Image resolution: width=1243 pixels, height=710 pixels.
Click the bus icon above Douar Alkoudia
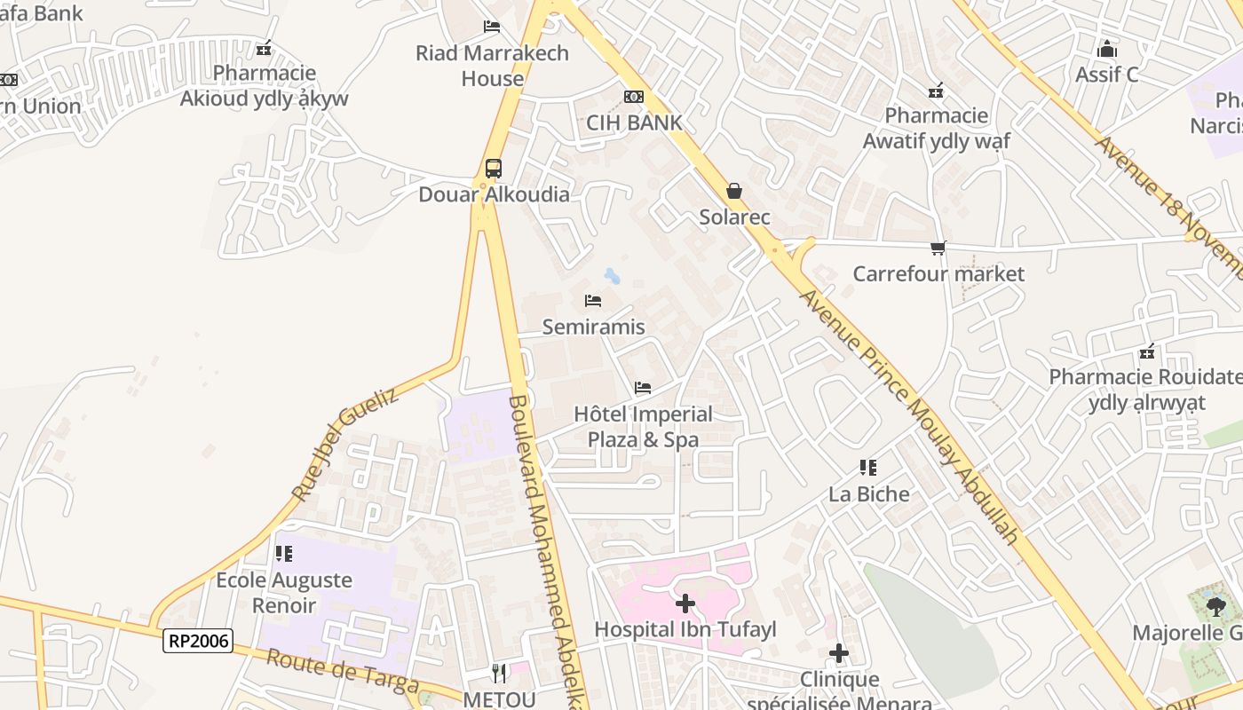(x=494, y=168)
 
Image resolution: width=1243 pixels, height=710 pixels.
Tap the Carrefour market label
(x=938, y=273)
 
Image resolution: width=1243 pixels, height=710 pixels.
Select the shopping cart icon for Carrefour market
(x=938, y=248)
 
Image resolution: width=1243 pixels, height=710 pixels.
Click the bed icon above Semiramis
(x=593, y=301)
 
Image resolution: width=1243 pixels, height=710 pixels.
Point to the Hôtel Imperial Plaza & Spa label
(x=643, y=427)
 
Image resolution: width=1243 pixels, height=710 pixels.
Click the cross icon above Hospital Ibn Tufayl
(x=685, y=603)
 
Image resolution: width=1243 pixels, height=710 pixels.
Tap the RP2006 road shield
(x=197, y=640)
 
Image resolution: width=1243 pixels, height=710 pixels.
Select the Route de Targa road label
(x=342, y=670)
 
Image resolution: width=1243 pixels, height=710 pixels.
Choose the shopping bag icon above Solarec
(x=734, y=191)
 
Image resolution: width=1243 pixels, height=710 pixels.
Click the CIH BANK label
(x=634, y=122)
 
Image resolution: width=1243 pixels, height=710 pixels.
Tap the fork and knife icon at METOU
(x=499, y=674)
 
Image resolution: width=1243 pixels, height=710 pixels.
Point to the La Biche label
(x=869, y=493)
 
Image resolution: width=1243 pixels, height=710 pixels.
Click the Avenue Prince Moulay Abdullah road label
(x=910, y=417)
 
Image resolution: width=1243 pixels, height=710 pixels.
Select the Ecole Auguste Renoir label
(x=284, y=592)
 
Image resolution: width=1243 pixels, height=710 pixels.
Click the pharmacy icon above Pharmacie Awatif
(x=935, y=90)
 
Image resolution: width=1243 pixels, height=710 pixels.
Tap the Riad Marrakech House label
(x=492, y=65)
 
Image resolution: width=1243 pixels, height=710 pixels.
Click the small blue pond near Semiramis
(x=612, y=275)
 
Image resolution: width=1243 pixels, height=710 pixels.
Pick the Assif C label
(x=1106, y=75)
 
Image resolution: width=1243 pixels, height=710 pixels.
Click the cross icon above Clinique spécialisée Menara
(x=838, y=654)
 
